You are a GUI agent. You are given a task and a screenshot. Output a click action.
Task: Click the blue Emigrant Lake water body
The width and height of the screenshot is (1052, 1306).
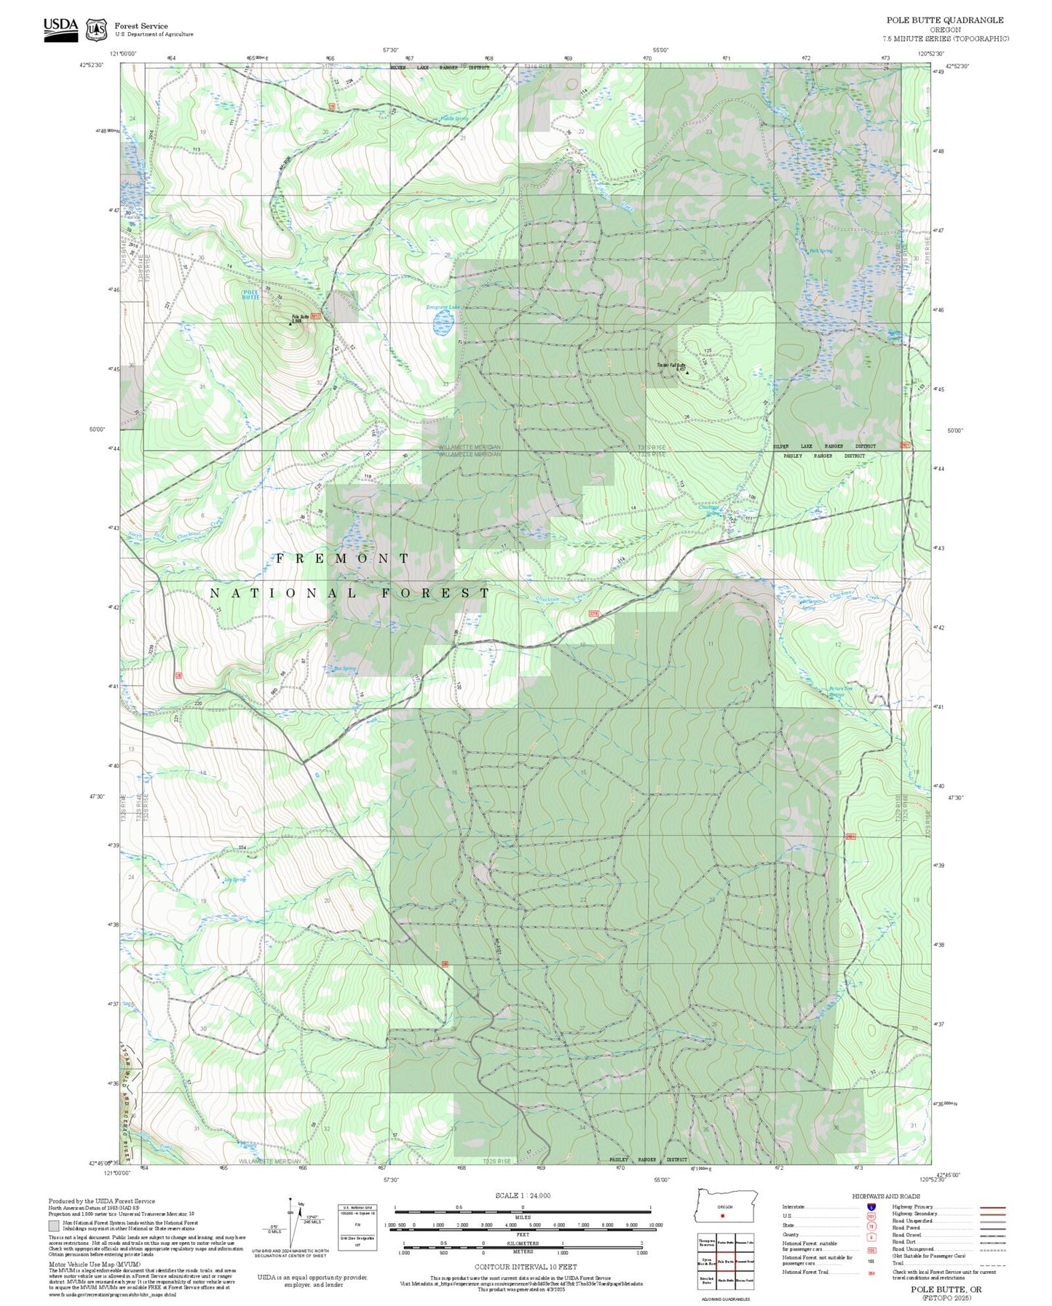(x=443, y=322)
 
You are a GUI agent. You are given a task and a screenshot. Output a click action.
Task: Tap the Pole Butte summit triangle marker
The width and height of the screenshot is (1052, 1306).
(x=290, y=324)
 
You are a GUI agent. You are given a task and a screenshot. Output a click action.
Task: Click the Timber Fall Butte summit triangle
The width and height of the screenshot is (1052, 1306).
(x=687, y=373)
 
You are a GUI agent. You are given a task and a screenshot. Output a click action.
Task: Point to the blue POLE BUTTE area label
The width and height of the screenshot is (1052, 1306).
(x=250, y=294)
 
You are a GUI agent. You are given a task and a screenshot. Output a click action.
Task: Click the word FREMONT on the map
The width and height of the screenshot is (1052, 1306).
(x=342, y=558)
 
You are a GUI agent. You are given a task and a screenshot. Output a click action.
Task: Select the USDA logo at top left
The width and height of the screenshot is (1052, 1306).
(x=60, y=29)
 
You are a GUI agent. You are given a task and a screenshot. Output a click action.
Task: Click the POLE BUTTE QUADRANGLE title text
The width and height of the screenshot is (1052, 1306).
(x=944, y=20)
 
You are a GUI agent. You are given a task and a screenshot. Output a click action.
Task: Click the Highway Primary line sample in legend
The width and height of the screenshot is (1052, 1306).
(x=992, y=1207)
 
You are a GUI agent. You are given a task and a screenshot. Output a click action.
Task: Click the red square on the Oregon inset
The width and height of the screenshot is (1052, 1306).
(x=722, y=1215)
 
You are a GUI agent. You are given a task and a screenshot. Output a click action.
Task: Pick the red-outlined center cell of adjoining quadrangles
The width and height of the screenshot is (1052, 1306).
(x=725, y=1262)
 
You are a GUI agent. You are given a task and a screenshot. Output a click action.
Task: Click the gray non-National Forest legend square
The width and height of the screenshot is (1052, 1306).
(x=54, y=1226)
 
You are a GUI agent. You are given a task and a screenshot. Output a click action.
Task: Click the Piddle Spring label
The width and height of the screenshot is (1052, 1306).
(x=454, y=119)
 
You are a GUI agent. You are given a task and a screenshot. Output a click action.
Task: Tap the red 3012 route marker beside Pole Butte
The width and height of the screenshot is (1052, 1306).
(x=315, y=316)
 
